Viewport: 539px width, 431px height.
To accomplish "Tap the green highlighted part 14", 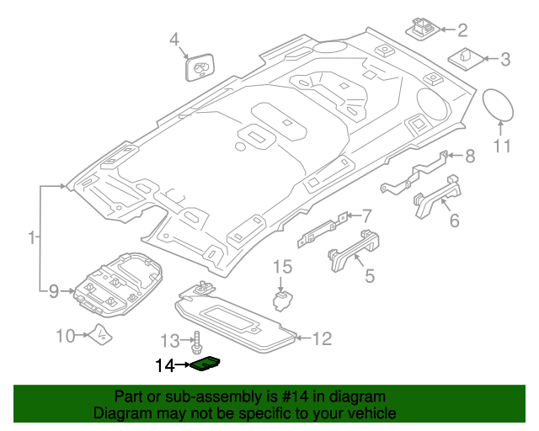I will point(205,364).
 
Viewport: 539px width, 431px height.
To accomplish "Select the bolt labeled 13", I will point(199,342).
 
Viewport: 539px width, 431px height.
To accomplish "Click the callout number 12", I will point(323,339).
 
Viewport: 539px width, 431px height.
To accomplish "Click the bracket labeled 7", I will point(322,228).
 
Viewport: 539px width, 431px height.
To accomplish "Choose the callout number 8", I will point(470,156).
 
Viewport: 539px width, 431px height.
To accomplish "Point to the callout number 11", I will point(502,148).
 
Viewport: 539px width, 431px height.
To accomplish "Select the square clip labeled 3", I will point(465,59).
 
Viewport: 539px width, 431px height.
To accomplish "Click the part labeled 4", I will point(199,67).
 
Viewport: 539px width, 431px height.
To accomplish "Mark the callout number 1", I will point(31,239).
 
